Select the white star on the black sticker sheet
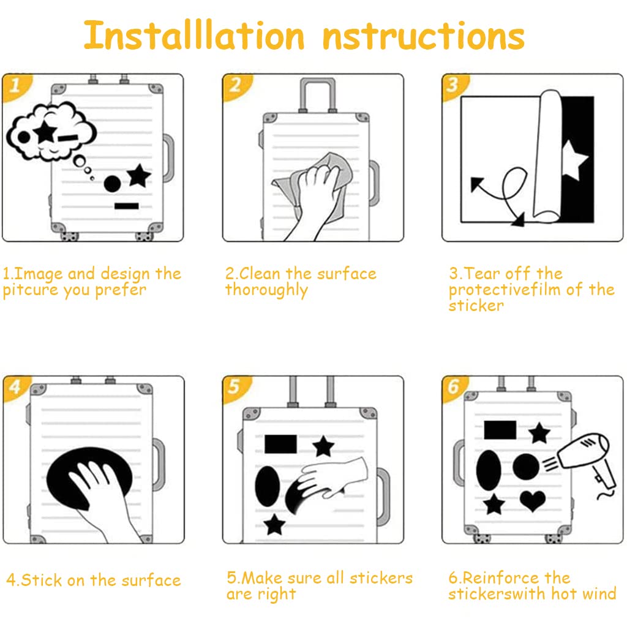click(x=574, y=160)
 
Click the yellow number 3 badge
click(x=454, y=85)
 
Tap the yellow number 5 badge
click(x=235, y=387)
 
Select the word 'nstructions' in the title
click(x=424, y=37)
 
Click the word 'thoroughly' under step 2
click(x=266, y=290)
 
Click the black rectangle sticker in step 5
click(x=280, y=444)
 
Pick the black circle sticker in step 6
click(x=526, y=467)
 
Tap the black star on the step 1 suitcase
click(x=138, y=176)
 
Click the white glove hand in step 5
click(x=333, y=478)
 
